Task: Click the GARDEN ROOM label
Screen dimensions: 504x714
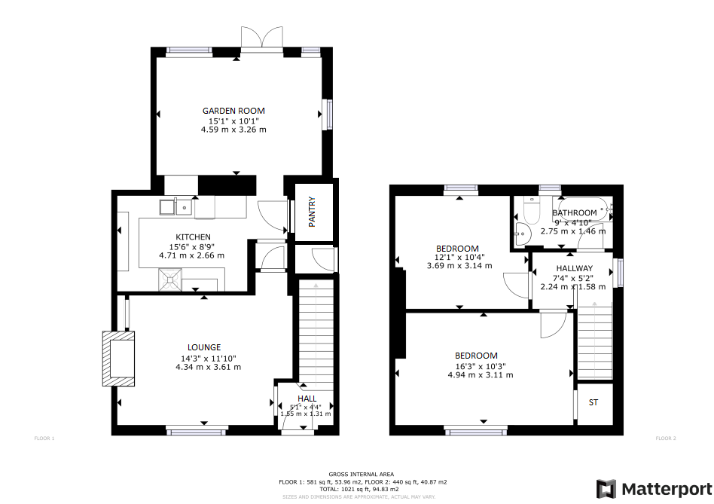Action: pyautogui.click(x=233, y=111)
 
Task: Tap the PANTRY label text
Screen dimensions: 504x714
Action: pyautogui.click(x=311, y=212)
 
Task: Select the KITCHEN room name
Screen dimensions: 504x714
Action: pyautogui.click(x=193, y=237)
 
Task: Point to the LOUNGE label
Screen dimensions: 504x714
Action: pyautogui.click(x=204, y=347)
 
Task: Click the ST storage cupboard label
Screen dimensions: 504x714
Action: pyautogui.click(x=593, y=403)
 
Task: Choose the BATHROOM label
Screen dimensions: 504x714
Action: pyautogui.click(x=575, y=213)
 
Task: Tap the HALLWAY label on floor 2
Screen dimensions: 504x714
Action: pyautogui.click(x=574, y=268)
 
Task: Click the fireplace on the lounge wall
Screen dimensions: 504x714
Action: pyautogui.click(x=119, y=359)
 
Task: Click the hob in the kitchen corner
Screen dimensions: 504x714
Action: pyautogui.click(x=172, y=279)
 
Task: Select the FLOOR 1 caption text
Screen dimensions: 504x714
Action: pyautogui.click(x=44, y=438)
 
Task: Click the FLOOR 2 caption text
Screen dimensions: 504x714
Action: pyautogui.click(x=666, y=438)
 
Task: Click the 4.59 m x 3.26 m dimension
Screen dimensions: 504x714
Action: pyautogui.click(x=233, y=130)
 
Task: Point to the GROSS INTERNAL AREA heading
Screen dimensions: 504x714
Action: pyautogui.click(x=361, y=474)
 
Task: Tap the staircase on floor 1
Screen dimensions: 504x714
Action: pyautogui.click(x=315, y=331)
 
